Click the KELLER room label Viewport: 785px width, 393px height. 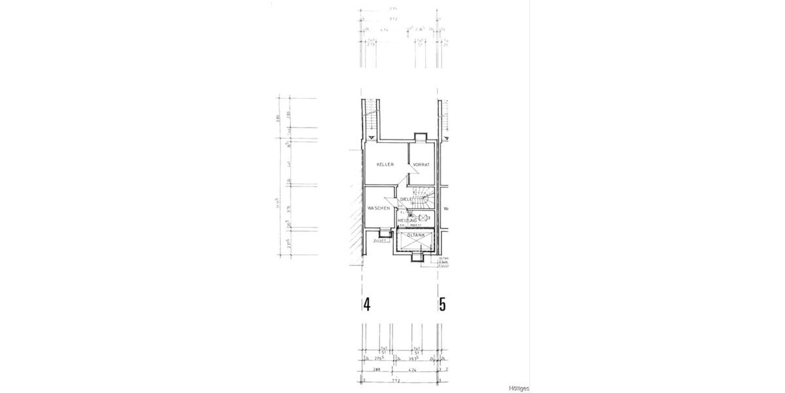tap(385, 164)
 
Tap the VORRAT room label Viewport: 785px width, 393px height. tap(421, 164)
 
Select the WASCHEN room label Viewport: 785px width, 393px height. tap(379, 208)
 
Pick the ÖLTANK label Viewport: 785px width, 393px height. tap(416, 234)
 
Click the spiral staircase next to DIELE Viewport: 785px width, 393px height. tap(426, 195)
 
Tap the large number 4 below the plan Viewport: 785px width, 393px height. tap(368, 305)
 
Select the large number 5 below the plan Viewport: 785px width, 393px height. tap(443, 305)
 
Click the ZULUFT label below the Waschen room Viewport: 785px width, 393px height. tap(380, 241)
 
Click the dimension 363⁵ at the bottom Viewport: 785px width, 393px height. tap(414, 359)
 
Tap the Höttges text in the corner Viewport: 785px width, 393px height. tap(519, 388)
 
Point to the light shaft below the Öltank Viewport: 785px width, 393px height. tap(417, 257)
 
